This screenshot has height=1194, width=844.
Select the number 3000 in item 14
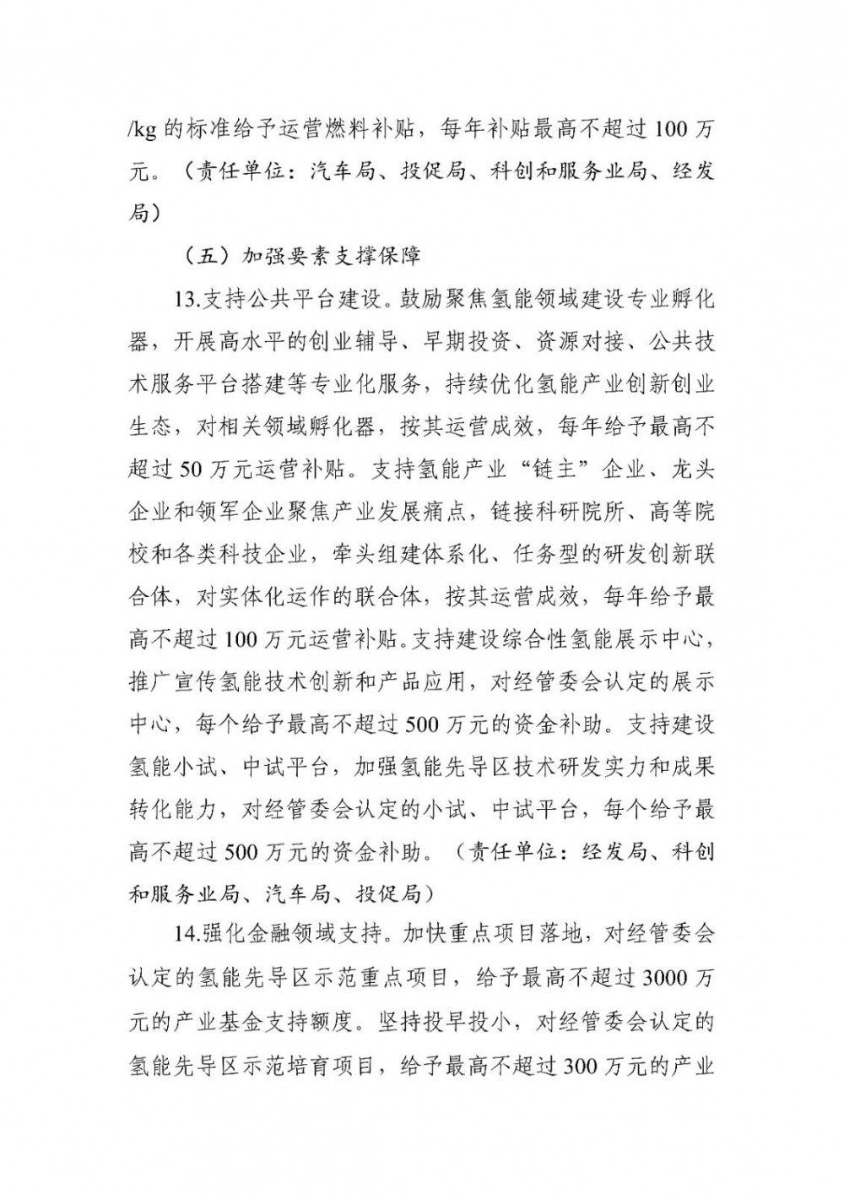coord(664,979)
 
